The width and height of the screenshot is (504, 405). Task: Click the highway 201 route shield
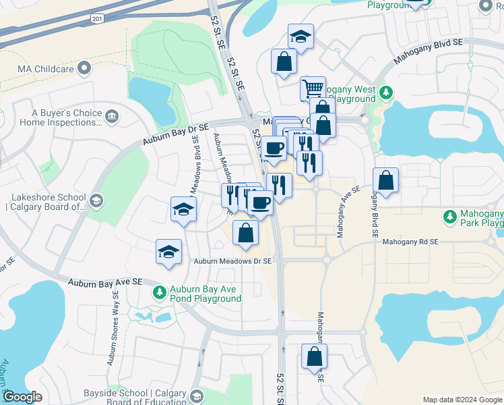pos(98,19)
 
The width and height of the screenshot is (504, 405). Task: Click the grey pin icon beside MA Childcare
pos(84,69)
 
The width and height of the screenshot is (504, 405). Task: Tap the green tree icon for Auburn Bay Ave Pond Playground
pos(159,292)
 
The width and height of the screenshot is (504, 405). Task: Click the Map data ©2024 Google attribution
pos(462,400)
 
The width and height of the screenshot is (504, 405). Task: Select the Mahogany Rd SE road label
pos(410,242)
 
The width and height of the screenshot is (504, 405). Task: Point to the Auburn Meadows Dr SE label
pos(232,261)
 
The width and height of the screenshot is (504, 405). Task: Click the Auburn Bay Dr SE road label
pos(177,134)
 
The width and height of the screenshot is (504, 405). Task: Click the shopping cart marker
pos(313,88)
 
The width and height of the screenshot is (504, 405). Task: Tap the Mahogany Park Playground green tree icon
pos(449,217)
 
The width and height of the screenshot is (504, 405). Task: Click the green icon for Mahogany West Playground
pos(385,92)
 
